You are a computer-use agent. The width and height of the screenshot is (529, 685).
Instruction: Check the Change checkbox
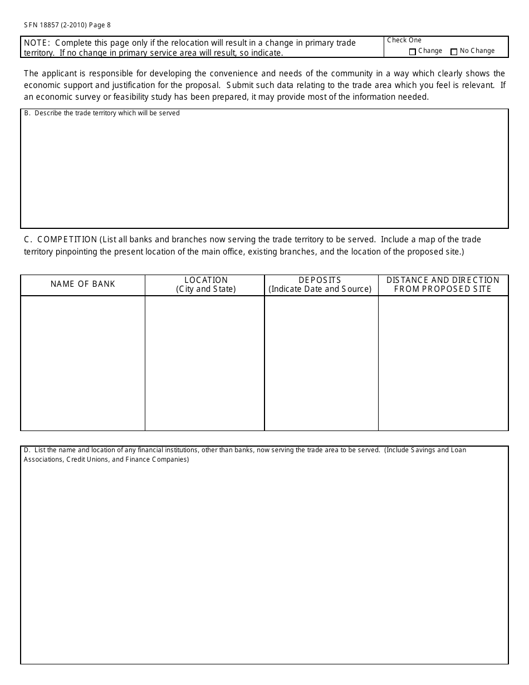[x=413, y=52]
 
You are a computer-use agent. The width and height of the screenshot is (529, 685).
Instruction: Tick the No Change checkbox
[x=454, y=52]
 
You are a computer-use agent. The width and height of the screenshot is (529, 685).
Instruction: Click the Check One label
[x=404, y=40]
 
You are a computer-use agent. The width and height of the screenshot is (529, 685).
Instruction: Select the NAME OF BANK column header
[x=83, y=284]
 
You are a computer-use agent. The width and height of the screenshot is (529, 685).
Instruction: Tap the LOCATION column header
[x=206, y=280]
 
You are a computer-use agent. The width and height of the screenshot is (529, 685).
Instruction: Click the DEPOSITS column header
[x=320, y=280]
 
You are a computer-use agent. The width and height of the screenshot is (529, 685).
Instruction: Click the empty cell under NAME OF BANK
[x=83, y=363]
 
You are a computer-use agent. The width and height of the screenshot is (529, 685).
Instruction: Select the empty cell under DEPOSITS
[x=321, y=363]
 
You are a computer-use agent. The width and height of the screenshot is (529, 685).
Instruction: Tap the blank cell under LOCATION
[x=205, y=363]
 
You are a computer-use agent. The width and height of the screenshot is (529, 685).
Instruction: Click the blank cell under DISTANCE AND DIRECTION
[x=443, y=363]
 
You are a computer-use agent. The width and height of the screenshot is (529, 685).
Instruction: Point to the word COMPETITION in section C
[x=67, y=239]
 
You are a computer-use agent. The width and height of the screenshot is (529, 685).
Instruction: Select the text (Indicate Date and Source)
[x=320, y=289]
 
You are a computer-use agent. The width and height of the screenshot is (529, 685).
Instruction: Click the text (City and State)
[x=206, y=289]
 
